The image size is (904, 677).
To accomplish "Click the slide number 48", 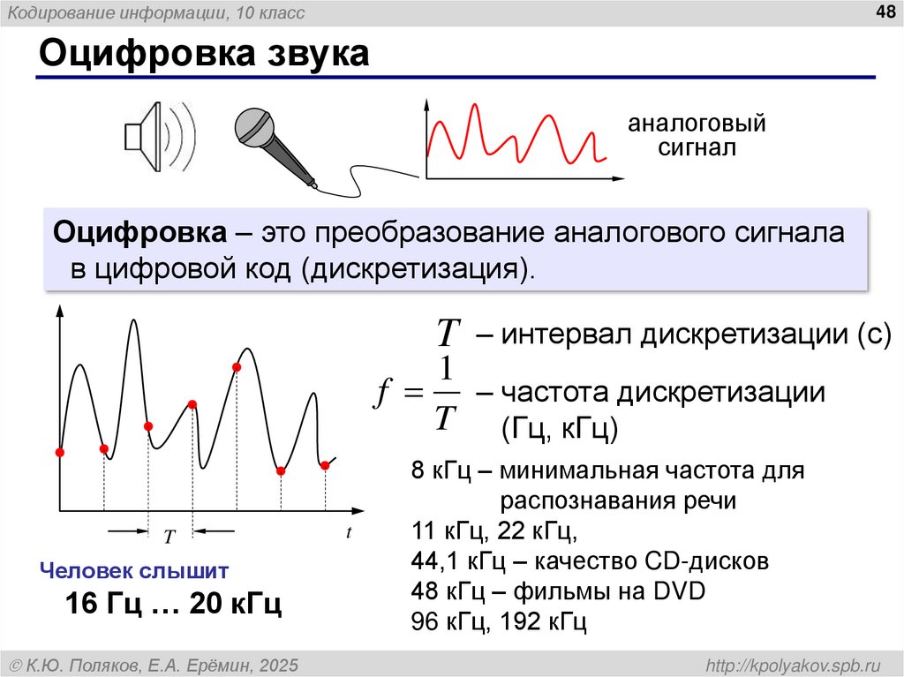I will (884, 11).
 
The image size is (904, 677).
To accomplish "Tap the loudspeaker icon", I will (156, 137).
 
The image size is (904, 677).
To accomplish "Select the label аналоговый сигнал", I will (696, 134).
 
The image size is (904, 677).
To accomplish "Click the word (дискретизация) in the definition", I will (418, 267).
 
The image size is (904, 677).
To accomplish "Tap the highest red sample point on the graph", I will (237, 366).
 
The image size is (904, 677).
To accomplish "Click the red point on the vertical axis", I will (60, 452).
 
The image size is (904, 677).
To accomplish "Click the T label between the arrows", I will (170, 535).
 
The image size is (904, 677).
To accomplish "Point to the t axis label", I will (349, 532).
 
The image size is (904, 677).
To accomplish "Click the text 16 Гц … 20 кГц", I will (173, 605).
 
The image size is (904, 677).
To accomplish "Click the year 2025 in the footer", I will (279, 664).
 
